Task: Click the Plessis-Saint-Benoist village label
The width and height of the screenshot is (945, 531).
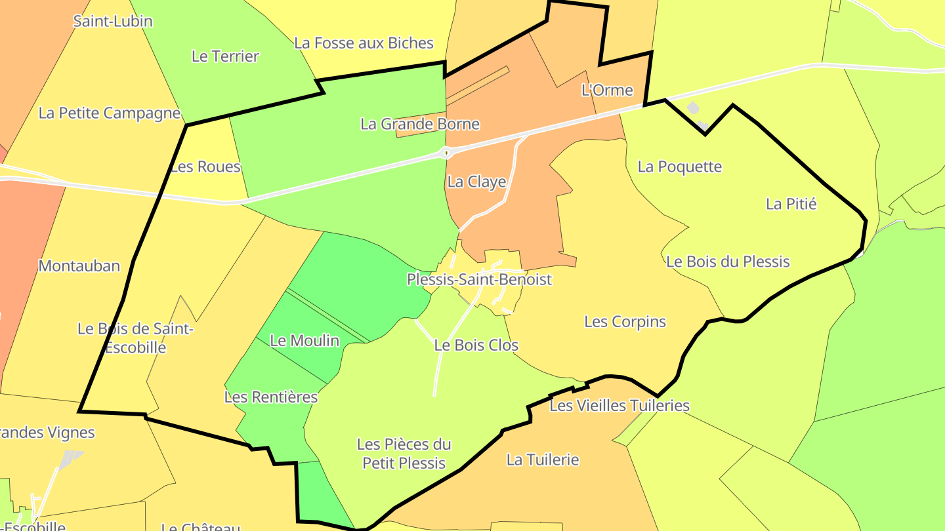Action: click(x=479, y=279)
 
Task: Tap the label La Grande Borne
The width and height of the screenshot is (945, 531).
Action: click(x=420, y=124)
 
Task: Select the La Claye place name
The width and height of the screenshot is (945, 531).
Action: click(x=476, y=182)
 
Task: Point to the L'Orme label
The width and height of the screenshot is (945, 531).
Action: click(x=607, y=90)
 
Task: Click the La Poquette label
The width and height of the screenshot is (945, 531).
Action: click(x=679, y=167)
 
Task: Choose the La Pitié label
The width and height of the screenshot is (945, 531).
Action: click(x=791, y=204)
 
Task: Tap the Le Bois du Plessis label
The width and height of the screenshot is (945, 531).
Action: click(x=728, y=262)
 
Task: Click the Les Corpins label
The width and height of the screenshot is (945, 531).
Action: click(x=625, y=322)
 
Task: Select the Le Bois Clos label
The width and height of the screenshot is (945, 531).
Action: click(x=476, y=345)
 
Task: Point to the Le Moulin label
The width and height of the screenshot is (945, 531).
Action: click(x=304, y=340)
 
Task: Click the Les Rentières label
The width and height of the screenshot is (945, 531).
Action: click(x=271, y=397)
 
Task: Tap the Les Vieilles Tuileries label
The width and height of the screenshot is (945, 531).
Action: click(x=619, y=406)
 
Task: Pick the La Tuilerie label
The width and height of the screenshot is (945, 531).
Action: click(x=543, y=460)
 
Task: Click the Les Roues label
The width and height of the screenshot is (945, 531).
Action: click(x=205, y=167)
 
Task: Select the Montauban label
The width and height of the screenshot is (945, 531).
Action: click(x=79, y=265)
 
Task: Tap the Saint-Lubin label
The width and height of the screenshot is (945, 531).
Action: click(x=113, y=21)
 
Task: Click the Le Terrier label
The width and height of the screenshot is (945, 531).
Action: click(x=225, y=56)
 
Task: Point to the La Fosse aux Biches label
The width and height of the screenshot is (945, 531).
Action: click(x=364, y=43)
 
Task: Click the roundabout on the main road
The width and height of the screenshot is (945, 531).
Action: click(x=446, y=153)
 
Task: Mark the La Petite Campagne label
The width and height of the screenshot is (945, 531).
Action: click(x=110, y=113)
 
